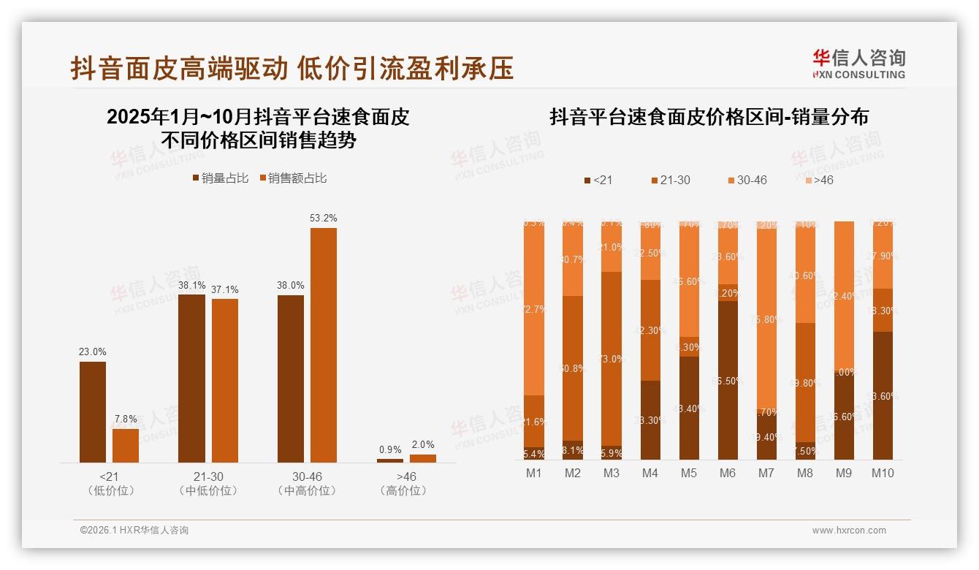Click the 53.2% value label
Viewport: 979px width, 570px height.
coord(324,218)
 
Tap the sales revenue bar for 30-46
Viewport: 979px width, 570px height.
coord(324,345)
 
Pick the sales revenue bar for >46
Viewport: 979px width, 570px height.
coord(423,458)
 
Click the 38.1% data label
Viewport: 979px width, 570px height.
coord(191,285)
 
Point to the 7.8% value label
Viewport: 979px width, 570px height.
coord(126,419)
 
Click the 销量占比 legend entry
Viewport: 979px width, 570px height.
coord(220,178)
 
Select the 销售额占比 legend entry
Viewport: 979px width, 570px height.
coord(293,178)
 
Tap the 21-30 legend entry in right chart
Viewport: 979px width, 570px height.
coord(670,180)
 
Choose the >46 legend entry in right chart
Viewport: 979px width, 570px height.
coord(818,180)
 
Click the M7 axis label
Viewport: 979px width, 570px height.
coord(766,474)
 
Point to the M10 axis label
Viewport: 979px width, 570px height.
coord(882,474)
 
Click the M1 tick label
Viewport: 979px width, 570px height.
coord(534,474)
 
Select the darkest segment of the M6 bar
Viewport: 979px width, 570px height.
coord(728,380)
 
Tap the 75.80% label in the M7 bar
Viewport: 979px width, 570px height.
coord(766,319)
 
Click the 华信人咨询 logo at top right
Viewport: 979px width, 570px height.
coord(858,64)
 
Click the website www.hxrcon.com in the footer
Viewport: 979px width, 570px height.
coord(849,531)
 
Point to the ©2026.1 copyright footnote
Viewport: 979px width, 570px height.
coord(134,531)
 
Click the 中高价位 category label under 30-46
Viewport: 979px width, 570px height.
coord(308,491)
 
